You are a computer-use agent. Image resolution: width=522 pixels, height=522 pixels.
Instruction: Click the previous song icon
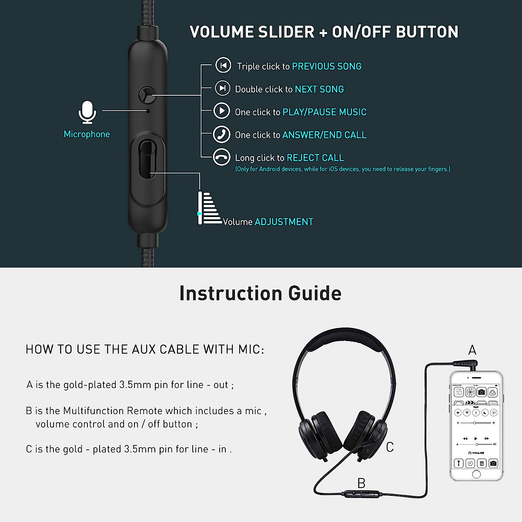click(x=223, y=65)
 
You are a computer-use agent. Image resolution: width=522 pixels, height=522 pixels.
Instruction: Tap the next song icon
click(x=222, y=88)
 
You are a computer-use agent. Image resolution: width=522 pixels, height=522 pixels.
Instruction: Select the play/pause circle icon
click(x=221, y=111)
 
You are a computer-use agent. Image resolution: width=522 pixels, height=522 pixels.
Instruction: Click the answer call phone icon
click(x=221, y=134)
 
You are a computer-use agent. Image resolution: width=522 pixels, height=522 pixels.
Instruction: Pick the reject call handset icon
click(x=221, y=157)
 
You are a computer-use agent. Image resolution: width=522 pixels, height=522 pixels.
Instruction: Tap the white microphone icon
click(x=87, y=113)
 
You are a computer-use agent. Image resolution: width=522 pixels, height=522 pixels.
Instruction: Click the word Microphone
click(x=87, y=134)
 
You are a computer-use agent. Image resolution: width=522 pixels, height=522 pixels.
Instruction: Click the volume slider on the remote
click(x=147, y=159)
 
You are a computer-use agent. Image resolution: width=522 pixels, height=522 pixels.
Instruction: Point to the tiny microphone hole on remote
click(x=148, y=111)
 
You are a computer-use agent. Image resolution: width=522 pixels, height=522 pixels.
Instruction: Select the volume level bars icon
click(x=209, y=209)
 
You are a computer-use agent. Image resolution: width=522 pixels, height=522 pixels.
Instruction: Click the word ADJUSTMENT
click(x=284, y=222)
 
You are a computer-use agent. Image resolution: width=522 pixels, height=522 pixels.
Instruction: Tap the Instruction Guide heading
click(x=260, y=293)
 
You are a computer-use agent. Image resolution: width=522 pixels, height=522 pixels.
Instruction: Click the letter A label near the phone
click(x=472, y=350)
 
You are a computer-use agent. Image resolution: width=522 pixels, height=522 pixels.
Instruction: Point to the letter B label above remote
click(x=361, y=483)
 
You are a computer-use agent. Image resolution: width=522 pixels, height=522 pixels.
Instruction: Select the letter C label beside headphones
click(x=390, y=447)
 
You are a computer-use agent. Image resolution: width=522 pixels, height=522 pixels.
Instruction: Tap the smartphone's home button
click(x=476, y=474)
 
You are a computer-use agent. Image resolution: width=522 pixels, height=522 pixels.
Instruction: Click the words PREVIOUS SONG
click(x=327, y=66)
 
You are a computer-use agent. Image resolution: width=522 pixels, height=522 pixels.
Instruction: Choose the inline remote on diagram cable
click(x=361, y=494)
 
